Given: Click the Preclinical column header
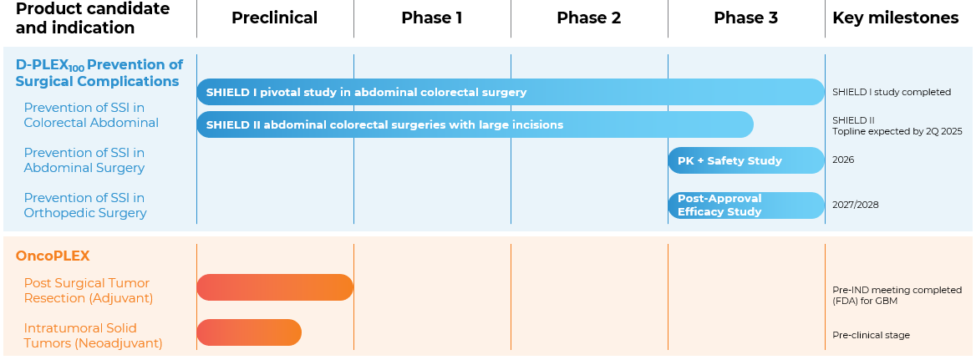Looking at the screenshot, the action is click(274, 18).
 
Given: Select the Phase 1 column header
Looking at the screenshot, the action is click(432, 18).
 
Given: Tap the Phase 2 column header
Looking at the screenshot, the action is click(589, 18).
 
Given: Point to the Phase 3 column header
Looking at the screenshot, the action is click(745, 18).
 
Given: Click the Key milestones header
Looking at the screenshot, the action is click(896, 18).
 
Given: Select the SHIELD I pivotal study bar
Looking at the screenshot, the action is click(511, 92).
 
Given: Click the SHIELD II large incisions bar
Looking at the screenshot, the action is click(475, 124).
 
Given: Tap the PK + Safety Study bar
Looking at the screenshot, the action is click(746, 160).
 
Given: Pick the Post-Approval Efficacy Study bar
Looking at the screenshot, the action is click(746, 205).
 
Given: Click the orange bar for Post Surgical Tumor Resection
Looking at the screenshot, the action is click(275, 287).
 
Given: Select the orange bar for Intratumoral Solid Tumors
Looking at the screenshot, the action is click(249, 332).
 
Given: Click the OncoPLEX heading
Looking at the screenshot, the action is click(53, 256).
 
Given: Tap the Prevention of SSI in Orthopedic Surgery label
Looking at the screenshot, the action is click(85, 205).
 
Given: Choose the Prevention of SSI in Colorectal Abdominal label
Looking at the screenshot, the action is click(91, 115).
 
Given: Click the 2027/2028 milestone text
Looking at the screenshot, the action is click(855, 205).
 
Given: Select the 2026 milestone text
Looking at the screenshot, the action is click(843, 160).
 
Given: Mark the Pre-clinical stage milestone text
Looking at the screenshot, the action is click(871, 335).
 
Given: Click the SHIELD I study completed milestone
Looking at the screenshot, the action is click(892, 92).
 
